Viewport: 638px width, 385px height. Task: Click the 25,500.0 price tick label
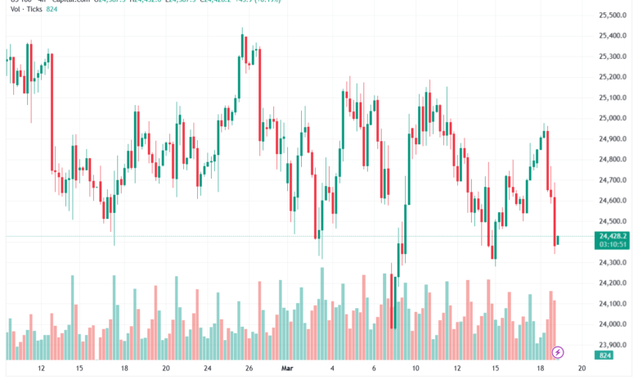pyautogui.click(x=613, y=16)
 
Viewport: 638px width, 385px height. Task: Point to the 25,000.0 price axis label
pyautogui.click(x=613, y=119)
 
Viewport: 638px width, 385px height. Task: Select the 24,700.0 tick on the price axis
pyautogui.click(x=613, y=180)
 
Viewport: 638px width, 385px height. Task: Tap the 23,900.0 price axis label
pyautogui.click(x=613, y=346)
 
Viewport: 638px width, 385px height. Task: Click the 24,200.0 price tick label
pyautogui.click(x=613, y=283)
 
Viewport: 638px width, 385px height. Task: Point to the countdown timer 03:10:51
pyautogui.click(x=613, y=243)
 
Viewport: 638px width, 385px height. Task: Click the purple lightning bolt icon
pyautogui.click(x=558, y=351)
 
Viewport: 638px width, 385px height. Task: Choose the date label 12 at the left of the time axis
pyautogui.click(x=41, y=369)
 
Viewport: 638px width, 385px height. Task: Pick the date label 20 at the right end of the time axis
pyautogui.click(x=581, y=369)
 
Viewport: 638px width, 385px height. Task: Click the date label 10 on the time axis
pyautogui.click(x=416, y=369)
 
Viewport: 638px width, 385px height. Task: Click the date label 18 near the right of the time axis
pyautogui.click(x=540, y=369)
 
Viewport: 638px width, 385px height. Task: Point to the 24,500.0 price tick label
pyautogui.click(x=613, y=222)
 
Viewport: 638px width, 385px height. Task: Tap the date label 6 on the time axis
pyautogui.click(x=374, y=369)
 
